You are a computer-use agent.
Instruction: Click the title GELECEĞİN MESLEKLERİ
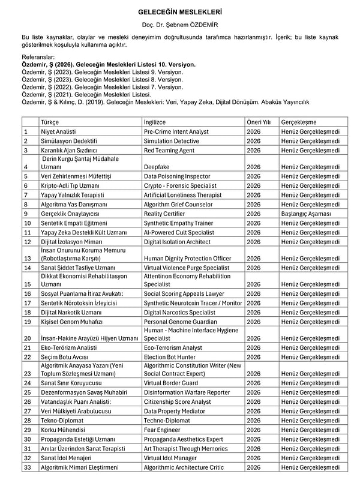coord(180,11)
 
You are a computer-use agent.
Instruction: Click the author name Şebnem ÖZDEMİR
coord(180,26)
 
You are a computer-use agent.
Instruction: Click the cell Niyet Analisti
coord(58,131)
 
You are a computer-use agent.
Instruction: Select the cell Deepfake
coord(157,167)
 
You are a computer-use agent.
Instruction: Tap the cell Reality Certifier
coord(164,213)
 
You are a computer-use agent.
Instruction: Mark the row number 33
coord(27,467)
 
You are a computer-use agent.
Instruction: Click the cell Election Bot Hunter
coord(171,357)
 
